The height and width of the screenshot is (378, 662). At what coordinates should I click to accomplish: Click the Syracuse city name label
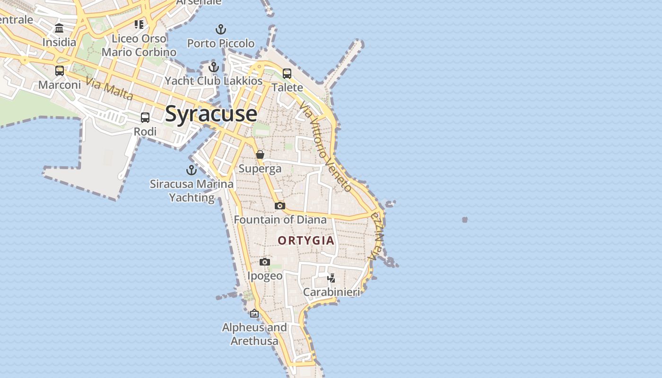coord(211,114)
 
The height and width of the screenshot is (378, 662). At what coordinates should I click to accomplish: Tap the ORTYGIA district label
coord(306,241)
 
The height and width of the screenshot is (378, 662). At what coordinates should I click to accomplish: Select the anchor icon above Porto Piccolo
coord(221,30)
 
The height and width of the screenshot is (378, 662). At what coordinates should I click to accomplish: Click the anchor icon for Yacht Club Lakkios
coord(214,67)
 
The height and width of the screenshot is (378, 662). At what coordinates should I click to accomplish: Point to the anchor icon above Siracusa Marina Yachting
coord(192,170)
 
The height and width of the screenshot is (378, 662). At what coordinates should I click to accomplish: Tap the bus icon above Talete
coord(287,74)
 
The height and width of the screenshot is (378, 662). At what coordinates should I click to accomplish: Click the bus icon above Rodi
coord(145,118)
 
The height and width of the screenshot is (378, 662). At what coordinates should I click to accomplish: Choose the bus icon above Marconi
coord(60,71)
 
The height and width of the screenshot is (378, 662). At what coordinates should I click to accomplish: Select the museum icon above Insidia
coord(59,28)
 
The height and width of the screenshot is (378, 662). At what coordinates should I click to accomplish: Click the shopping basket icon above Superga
coord(260,155)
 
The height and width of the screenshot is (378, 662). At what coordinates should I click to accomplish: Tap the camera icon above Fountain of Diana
coord(280,206)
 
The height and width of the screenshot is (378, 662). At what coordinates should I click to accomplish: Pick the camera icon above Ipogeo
coord(265,262)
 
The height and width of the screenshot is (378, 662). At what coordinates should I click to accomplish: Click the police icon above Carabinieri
coord(331,278)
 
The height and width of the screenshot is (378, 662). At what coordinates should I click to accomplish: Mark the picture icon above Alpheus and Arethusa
coord(254,313)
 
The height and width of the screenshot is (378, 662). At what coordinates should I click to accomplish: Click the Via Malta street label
coord(109,89)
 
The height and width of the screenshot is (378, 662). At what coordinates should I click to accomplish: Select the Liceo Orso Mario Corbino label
coord(139,45)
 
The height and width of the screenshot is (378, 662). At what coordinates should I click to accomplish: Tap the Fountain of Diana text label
coord(280,220)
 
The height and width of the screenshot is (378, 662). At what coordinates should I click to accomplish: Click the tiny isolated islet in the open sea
coord(465,220)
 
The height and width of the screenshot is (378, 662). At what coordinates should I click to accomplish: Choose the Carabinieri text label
coord(331,292)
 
